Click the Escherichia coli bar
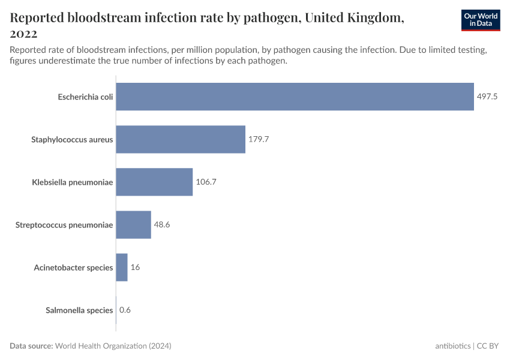pos(295,97)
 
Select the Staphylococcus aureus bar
pos(181,139)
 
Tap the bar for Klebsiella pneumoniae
pos(154,182)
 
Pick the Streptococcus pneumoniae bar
pos(133,224)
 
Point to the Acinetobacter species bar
pos(122,267)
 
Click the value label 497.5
pos(487,97)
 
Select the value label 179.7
pos(259,139)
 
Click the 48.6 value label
pos(162,224)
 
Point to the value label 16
pos(135,267)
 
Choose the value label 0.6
pos(125,310)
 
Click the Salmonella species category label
pos(79,310)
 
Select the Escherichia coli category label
pos(85,97)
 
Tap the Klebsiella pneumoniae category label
pos(73,182)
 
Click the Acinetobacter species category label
pos(73,267)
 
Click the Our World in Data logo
pos(480,20)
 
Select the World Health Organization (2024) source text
pos(114,346)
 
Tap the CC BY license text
pos(489,346)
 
